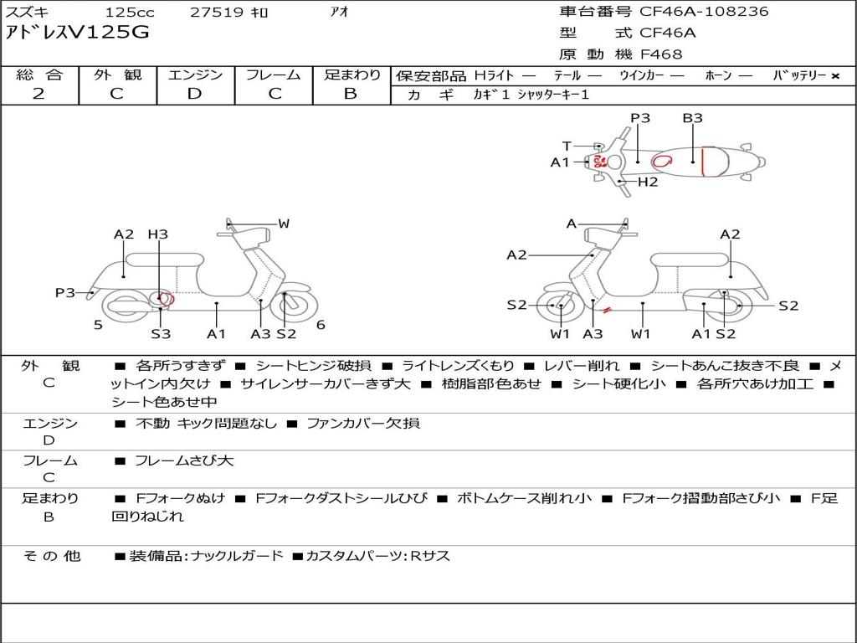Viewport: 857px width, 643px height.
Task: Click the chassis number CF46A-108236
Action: [704, 12]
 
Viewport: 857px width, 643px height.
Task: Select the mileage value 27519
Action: [217, 13]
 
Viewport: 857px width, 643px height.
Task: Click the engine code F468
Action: [661, 54]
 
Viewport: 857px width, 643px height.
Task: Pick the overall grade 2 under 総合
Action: [38, 94]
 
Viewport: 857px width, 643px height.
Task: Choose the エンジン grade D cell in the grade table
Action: [195, 94]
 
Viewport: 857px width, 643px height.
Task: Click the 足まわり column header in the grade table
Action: [352, 75]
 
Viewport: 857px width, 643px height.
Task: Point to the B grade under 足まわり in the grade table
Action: [351, 94]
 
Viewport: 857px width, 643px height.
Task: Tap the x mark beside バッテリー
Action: [835, 76]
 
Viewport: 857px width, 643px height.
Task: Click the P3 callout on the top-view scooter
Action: [640, 118]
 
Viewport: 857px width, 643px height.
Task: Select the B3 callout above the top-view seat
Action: [692, 118]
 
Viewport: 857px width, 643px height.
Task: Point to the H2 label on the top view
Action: [648, 182]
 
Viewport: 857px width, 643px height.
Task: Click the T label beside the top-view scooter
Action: [567, 146]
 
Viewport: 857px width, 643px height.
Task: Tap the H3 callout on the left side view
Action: [157, 234]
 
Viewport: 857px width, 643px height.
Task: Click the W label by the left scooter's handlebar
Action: [284, 224]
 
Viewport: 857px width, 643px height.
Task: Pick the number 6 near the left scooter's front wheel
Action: [321, 325]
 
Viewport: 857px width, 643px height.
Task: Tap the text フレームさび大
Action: [184, 460]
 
